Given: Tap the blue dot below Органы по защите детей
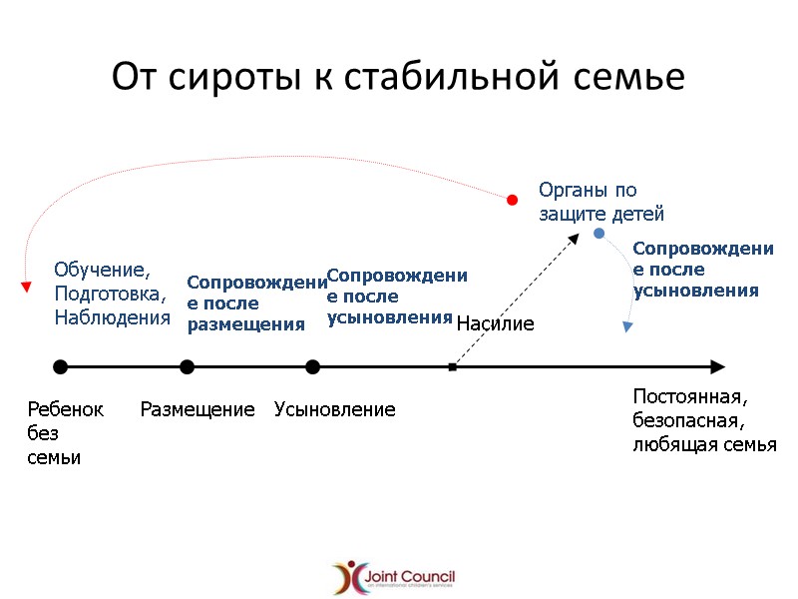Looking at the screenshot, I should pyautogui.click(x=598, y=234).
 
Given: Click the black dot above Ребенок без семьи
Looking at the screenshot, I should pyautogui.click(x=60, y=367).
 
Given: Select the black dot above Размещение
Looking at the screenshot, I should pyautogui.click(x=187, y=367).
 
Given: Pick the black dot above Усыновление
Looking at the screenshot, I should pyautogui.click(x=312, y=367).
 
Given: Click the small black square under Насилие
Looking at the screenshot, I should pyautogui.click(x=452, y=367).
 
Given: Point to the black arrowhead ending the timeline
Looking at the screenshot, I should pyautogui.click(x=716, y=367).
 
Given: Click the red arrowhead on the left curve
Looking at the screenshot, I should pyautogui.click(x=26, y=289).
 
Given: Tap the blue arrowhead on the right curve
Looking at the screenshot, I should pyautogui.click(x=626, y=325).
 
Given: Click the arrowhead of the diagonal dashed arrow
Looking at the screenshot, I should pyautogui.click(x=576, y=238).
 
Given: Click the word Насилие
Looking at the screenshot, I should pyautogui.click(x=495, y=323).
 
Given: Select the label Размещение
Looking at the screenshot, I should pyautogui.click(x=198, y=409).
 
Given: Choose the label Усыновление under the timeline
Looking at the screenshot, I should pyautogui.click(x=335, y=409).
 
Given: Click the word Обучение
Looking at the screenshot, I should pyautogui.click(x=101, y=270).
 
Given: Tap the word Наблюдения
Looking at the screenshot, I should pyautogui.click(x=112, y=317).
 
